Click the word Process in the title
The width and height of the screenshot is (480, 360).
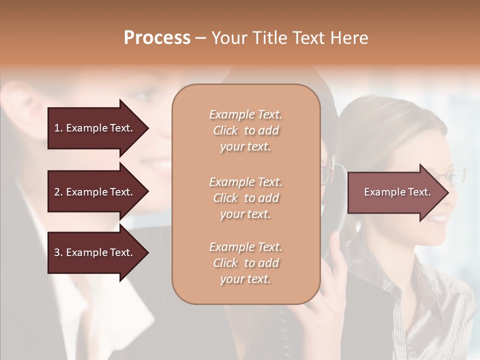pyautogui.click(x=157, y=38)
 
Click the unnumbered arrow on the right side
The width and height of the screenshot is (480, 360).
pyautogui.click(x=395, y=192)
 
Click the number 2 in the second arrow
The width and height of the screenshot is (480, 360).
pyautogui.click(x=57, y=192)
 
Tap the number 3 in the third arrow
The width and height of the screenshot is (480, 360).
pyautogui.click(x=57, y=252)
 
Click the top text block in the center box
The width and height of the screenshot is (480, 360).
pyautogui.click(x=245, y=130)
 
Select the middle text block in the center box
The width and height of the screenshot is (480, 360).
pyautogui.click(x=245, y=198)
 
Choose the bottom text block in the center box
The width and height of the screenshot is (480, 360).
pyautogui.click(x=245, y=263)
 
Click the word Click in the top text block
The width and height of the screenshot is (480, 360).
pyautogui.click(x=225, y=130)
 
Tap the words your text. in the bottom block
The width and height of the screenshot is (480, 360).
pyautogui.click(x=245, y=279)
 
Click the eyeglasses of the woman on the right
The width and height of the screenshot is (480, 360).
pyautogui.click(x=450, y=175)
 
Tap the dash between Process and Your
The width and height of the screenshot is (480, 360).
pyautogui.click(x=201, y=38)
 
